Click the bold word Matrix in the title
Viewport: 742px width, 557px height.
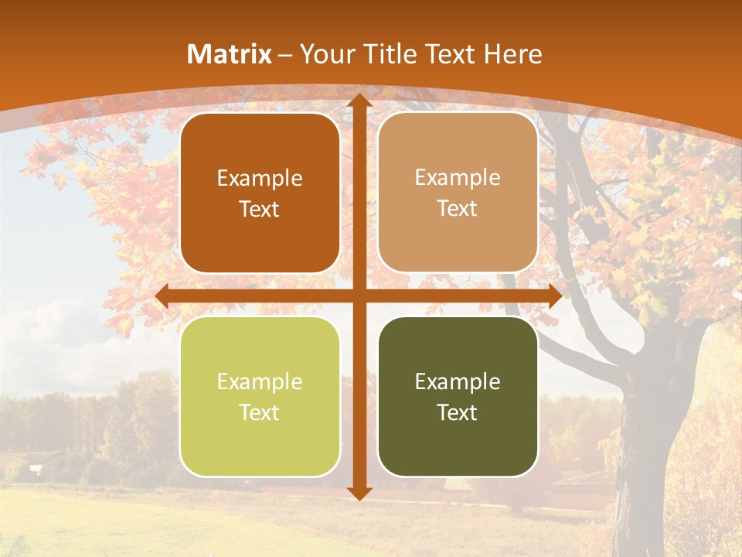click(x=230, y=54)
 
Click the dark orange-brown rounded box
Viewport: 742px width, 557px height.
click(x=260, y=193)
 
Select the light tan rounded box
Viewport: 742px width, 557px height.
click(x=458, y=193)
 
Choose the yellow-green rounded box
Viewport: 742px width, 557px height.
click(x=260, y=397)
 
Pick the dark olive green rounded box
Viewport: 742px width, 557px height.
click(x=458, y=397)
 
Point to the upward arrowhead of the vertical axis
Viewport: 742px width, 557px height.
click(x=359, y=100)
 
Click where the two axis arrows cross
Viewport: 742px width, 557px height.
click(x=359, y=296)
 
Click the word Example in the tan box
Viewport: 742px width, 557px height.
click(x=458, y=177)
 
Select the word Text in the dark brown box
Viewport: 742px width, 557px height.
click(x=260, y=209)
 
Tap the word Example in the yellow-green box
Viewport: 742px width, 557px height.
click(x=260, y=381)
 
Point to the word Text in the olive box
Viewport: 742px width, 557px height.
click(x=458, y=412)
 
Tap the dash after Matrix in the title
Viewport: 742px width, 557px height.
click(x=285, y=55)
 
